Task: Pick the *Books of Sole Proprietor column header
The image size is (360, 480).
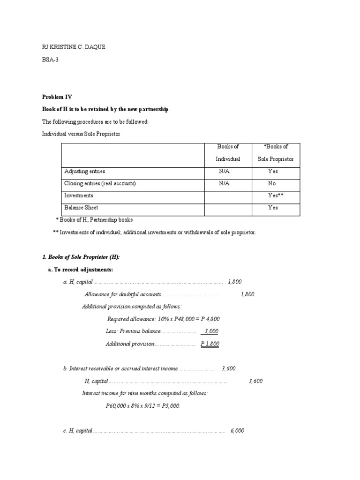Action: pos(276,153)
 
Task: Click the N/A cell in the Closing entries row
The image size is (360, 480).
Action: pos(224,184)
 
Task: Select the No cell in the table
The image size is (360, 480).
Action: pos(272,184)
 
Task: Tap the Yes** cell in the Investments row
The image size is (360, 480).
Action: pos(275,195)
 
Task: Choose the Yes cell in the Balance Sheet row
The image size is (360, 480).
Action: pos(273,208)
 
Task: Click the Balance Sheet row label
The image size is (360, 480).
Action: pos(81,208)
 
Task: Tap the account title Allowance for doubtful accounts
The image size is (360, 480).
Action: pos(122,294)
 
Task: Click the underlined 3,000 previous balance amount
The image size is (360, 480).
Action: pos(211,331)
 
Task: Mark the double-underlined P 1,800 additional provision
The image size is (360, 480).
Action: pos(210,344)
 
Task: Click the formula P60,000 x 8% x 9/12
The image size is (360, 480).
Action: pos(142,405)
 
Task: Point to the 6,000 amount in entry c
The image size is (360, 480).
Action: pos(237,431)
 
